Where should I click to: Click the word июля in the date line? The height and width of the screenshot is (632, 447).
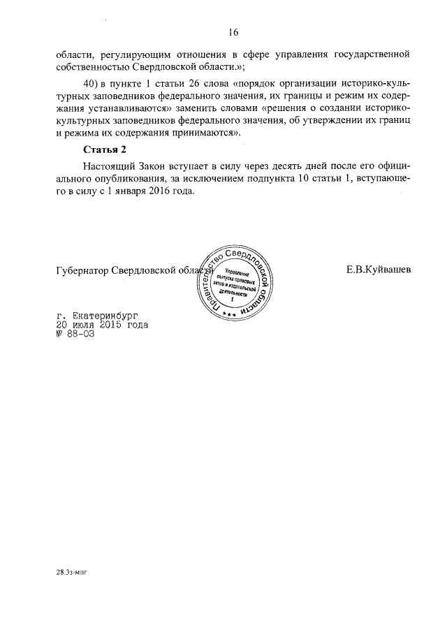[x=84, y=325]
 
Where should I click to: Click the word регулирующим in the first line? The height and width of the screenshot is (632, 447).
[x=137, y=54]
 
